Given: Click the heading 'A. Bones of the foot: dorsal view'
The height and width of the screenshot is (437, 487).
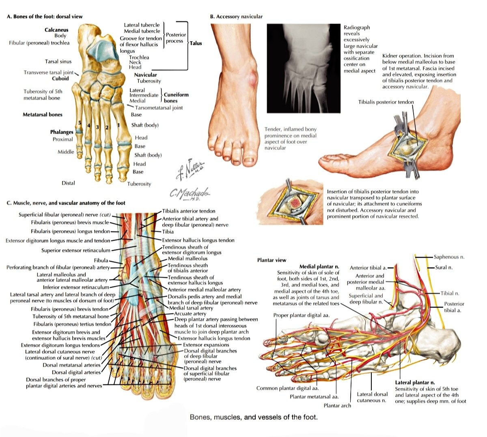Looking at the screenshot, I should pyautogui.click(x=44, y=17).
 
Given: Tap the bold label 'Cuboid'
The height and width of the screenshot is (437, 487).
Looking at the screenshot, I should pyautogui.click(x=60, y=79).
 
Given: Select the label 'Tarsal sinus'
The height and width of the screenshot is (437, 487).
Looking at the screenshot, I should pyautogui.click(x=58, y=62).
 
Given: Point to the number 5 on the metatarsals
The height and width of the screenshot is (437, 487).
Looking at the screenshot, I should pyautogui.click(x=80, y=123).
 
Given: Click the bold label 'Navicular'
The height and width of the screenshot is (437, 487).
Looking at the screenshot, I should pyautogui.click(x=145, y=75).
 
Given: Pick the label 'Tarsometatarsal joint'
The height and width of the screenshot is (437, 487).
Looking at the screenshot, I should pyautogui.click(x=159, y=108).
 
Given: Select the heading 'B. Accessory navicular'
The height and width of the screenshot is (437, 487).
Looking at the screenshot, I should pyautogui.click(x=236, y=17).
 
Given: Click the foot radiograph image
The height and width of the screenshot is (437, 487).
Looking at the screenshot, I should pyautogui.click(x=304, y=68).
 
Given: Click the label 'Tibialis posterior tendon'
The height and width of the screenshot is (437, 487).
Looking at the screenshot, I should pyautogui.click(x=386, y=102).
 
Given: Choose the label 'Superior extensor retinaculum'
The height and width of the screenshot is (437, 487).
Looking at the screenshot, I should pyautogui.click(x=75, y=251).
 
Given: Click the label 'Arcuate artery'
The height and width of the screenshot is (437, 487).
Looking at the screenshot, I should pyautogui.click(x=190, y=313).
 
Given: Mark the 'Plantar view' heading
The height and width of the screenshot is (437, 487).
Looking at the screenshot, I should pyautogui.click(x=272, y=260).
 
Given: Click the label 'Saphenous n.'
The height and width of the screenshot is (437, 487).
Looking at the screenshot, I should pyautogui.click(x=449, y=257).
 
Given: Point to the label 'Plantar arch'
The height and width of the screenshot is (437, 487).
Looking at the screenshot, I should pyautogui.click(x=337, y=405).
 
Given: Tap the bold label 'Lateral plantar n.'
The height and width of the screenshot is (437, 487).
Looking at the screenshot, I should pyautogui.click(x=415, y=382).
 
